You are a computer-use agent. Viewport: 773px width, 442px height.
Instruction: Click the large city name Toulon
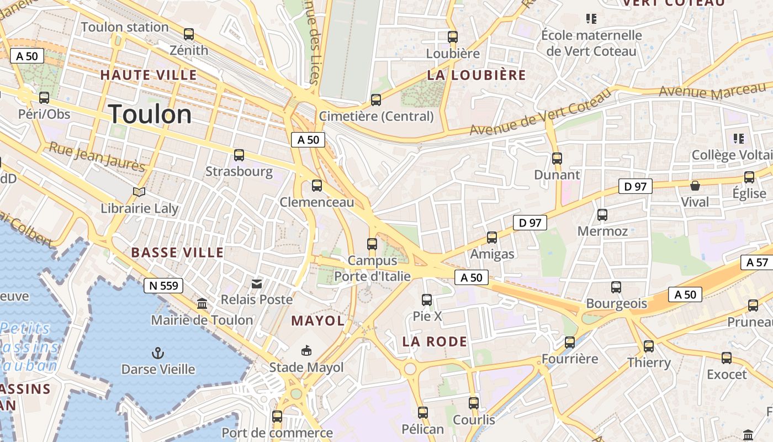click(x=150, y=114)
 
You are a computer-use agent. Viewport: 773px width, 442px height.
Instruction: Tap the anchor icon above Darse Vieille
click(x=158, y=352)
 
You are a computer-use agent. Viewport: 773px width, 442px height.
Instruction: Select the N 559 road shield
click(x=163, y=285)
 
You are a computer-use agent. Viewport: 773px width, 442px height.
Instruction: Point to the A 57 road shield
click(x=757, y=262)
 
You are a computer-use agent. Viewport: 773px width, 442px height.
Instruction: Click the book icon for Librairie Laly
click(x=139, y=192)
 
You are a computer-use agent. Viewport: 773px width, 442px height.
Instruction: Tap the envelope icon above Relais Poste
click(x=257, y=283)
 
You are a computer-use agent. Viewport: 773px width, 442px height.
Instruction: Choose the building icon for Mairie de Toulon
click(x=202, y=304)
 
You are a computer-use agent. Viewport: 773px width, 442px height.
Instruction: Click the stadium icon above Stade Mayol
click(x=306, y=350)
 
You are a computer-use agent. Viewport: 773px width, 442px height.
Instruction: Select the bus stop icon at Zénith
click(x=189, y=34)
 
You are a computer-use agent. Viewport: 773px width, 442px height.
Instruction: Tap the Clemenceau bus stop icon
click(x=317, y=186)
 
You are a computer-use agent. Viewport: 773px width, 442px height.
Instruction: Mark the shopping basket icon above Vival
click(x=695, y=185)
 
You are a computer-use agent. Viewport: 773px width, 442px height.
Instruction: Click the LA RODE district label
click(x=435, y=341)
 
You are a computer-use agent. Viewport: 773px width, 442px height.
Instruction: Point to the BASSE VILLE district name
click(x=177, y=252)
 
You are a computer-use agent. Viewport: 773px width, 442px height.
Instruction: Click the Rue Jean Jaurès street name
click(x=97, y=156)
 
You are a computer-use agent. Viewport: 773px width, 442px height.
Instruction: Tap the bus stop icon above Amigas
click(x=491, y=238)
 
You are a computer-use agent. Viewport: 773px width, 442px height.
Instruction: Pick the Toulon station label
click(x=125, y=27)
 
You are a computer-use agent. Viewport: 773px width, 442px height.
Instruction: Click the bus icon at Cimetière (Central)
click(x=376, y=100)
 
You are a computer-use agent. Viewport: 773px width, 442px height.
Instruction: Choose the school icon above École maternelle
click(x=591, y=19)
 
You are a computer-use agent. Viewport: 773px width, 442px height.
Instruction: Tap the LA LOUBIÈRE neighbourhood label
click(x=476, y=75)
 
